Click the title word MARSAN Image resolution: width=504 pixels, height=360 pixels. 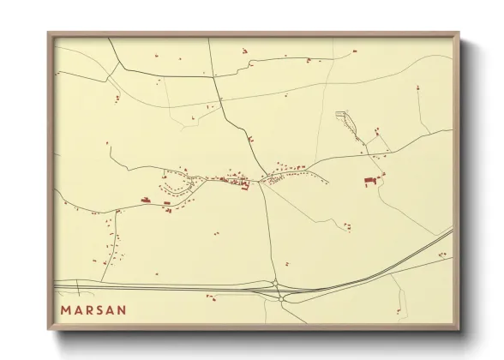point(93,309)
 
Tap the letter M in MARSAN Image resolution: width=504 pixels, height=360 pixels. point(66,309)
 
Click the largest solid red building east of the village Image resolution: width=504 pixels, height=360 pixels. point(369,181)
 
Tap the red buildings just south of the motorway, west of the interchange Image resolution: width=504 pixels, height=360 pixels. point(209,297)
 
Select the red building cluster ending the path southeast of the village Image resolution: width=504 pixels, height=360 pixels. point(347,226)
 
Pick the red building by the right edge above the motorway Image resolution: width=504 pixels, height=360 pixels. point(442,255)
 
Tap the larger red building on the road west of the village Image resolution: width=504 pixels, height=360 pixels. point(146,201)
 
